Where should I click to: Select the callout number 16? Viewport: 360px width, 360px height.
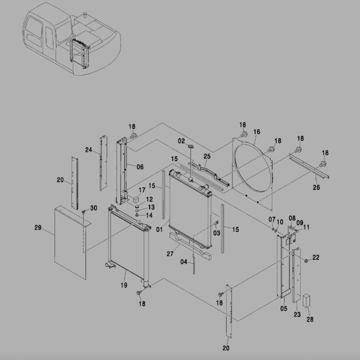[257, 132]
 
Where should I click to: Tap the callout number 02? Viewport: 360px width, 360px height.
[182, 140]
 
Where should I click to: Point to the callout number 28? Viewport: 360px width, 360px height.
[310, 320]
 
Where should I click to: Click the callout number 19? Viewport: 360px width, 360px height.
[123, 285]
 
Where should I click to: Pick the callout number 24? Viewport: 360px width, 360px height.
[88, 150]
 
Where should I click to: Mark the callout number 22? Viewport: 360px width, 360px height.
[316, 257]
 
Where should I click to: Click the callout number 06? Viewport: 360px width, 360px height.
[140, 166]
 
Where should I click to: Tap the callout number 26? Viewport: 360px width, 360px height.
[316, 188]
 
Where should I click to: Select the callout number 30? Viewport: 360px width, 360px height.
[93, 208]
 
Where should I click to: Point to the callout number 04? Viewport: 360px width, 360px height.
[184, 262]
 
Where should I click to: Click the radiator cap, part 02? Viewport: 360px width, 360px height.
[190, 147]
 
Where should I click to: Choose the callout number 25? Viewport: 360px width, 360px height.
[207, 156]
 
